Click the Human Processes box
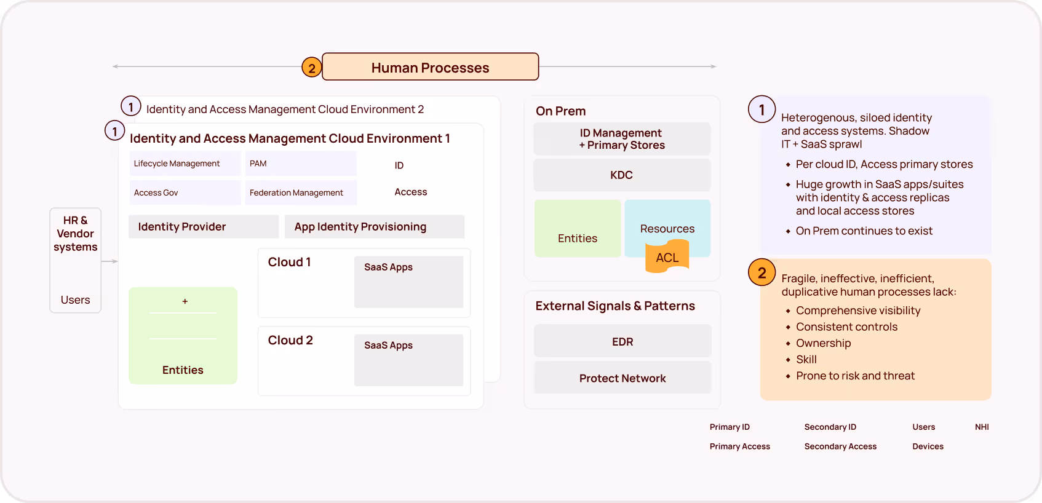pos(430,67)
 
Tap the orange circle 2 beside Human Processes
pos(312,68)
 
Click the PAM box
pos(300,164)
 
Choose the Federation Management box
pos(300,192)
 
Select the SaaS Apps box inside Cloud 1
pos(408,282)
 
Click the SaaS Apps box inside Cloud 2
pos(408,360)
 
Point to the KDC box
pos(621,175)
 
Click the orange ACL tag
pos(667,258)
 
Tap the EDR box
pos(622,341)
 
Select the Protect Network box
pos(622,378)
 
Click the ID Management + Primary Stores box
pos(621,139)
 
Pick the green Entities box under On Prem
pos(578,229)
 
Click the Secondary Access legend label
pos(840,446)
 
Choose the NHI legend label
pos(982,427)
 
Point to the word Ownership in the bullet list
pos(823,343)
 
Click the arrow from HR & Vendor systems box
pos(109,261)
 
